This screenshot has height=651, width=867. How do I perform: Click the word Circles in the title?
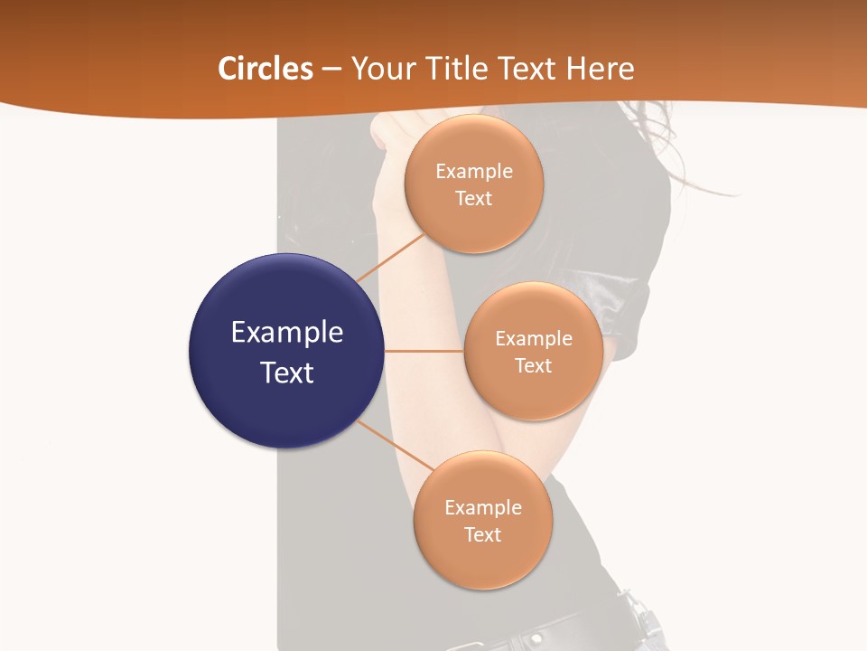pyautogui.click(x=266, y=69)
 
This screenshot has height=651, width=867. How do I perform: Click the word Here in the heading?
pyautogui.click(x=600, y=69)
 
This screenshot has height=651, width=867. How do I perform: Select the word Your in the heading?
pyautogui.click(x=383, y=69)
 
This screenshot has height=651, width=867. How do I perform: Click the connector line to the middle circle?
pyautogui.click(x=424, y=351)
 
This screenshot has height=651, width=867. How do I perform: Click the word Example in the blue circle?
pyautogui.click(x=286, y=333)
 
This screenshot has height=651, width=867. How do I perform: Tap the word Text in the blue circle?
pyautogui.click(x=286, y=373)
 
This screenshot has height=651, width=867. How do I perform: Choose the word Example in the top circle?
pyautogui.click(x=473, y=172)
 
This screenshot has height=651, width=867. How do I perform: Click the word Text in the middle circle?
pyautogui.click(x=533, y=365)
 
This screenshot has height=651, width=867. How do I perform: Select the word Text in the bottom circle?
pyautogui.click(x=482, y=534)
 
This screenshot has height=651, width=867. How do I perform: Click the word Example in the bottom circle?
pyautogui.click(x=482, y=507)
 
